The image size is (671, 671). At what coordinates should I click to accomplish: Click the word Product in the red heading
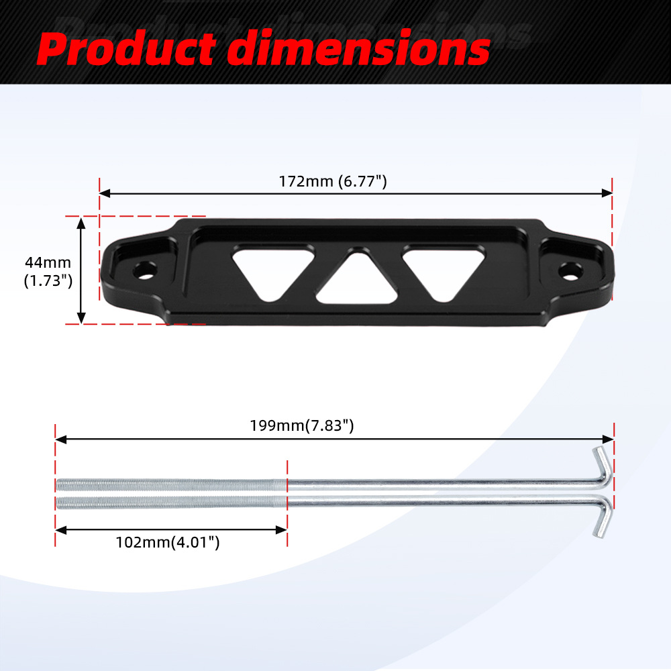[127, 48]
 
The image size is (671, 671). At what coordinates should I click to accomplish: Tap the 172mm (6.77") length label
[333, 181]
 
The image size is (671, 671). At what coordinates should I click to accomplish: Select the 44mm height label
[48, 262]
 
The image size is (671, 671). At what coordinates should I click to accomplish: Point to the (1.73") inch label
[48, 280]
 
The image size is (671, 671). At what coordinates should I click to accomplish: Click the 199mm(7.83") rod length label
[302, 426]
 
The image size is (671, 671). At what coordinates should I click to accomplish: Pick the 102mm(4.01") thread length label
[168, 542]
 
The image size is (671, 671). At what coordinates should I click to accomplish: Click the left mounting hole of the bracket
[145, 270]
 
